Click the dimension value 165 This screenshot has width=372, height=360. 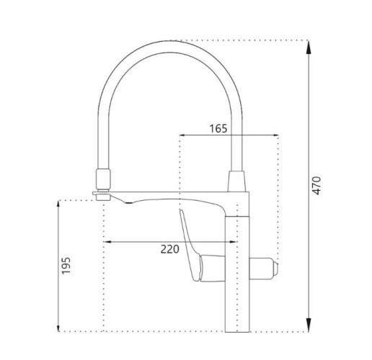pyautogui.click(x=219, y=129)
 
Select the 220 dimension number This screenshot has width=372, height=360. pyautogui.click(x=168, y=249)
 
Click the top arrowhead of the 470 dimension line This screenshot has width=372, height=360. pyautogui.click(x=308, y=45)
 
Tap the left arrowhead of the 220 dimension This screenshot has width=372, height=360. pyautogui.click(x=108, y=241)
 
